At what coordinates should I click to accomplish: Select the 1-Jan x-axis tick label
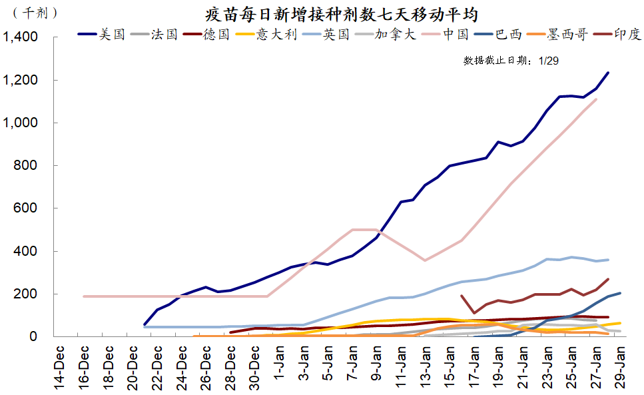[278, 364]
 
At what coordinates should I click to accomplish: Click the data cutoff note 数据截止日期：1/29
[511, 61]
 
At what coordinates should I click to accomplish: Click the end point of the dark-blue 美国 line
[607, 73]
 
